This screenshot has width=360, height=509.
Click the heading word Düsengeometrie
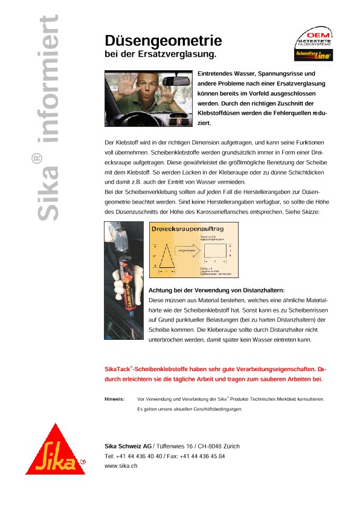[x=163, y=41]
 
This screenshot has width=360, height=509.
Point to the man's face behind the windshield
[x=142, y=87]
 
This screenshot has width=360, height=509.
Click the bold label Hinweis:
[x=115, y=399]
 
